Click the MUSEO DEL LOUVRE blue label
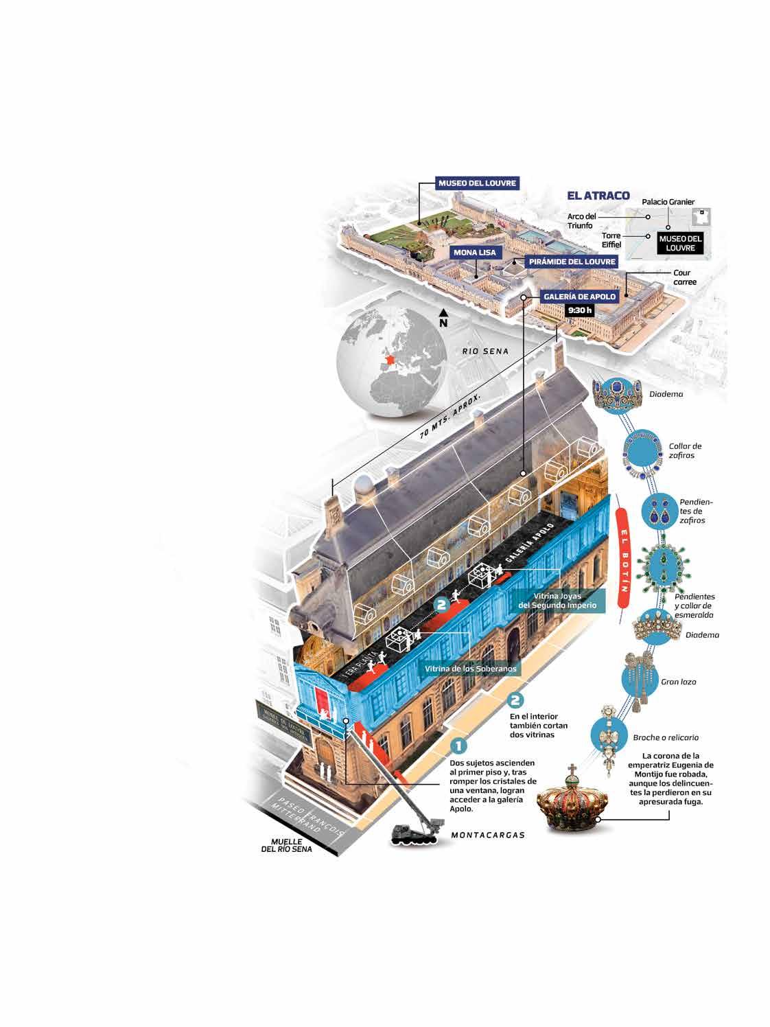(477, 183)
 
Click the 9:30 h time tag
(579, 310)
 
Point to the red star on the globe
(390, 360)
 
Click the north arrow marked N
(443, 319)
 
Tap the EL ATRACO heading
(598, 196)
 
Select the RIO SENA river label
(485, 351)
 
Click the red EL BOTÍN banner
(623, 558)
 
